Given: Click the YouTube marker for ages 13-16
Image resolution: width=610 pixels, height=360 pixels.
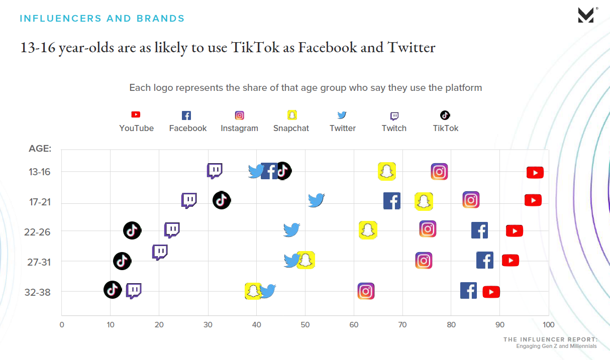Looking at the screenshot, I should pyautogui.click(x=535, y=173).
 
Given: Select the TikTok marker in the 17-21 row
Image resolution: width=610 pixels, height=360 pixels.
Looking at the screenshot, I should pyautogui.click(x=222, y=200).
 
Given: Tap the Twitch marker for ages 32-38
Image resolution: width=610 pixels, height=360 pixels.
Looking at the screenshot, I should pyautogui.click(x=134, y=291).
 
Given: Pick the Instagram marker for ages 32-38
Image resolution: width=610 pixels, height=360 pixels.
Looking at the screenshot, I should pyautogui.click(x=366, y=291).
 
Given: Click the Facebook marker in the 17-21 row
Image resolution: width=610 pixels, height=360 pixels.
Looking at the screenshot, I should pyautogui.click(x=391, y=201).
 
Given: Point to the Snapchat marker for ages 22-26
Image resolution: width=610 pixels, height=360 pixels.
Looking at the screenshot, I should pyautogui.click(x=368, y=230).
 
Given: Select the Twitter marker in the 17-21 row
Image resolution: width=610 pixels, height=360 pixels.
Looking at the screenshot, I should pyautogui.click(x=316, y=200).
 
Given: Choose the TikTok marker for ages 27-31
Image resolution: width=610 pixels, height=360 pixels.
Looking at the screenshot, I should pyautogui.click(x=122, y=261).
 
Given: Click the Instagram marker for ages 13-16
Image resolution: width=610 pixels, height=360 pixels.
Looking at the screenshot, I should pyautogui.click(x=439, y=172).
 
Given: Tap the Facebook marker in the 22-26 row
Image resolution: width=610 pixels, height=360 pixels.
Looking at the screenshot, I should pyautogui.click(x=479, y=230).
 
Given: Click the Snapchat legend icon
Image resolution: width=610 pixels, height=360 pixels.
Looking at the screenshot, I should pyautogui.click(x=292, y=115).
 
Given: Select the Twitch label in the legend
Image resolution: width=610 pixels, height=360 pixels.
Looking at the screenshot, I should pyautogui.click(x=394, y=128).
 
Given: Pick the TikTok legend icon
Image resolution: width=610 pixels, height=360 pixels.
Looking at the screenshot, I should pyautogui.click(x=445, y=115).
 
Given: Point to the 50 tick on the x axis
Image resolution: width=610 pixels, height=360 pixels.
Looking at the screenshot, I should pyautogui.click(x=305, y=324).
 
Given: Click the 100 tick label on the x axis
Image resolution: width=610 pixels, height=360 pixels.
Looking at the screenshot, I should pyautogui.click(x=548, y=324).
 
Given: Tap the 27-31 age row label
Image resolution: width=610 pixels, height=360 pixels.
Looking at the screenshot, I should pyautogui.click(x=38, y=262).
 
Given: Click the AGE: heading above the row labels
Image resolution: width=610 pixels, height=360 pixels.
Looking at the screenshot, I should pyautogui.click(x=40, y=149).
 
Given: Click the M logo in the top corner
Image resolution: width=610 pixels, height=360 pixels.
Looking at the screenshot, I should pyautogui.click(x=586, y=16).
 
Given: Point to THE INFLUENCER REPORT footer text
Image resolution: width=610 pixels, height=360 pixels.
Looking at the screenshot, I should pyautogui.click(x=550, y=340).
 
